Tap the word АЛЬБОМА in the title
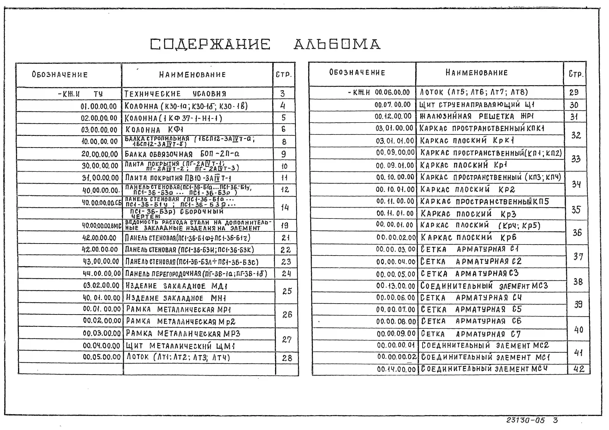tap(337, 44)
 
